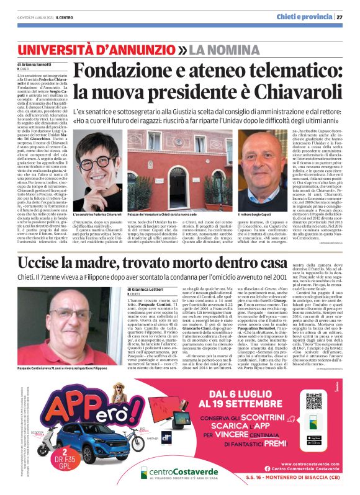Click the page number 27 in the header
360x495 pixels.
348,17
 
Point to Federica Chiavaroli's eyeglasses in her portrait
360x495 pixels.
93,166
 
